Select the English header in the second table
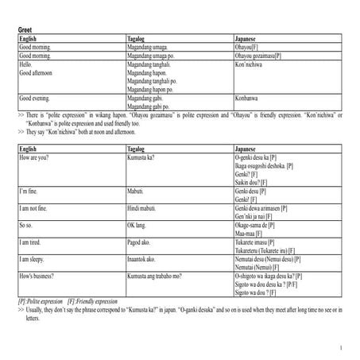click(x=28, y=149)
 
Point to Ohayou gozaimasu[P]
click(x=258, y=56)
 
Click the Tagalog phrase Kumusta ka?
click(x=141, y=158)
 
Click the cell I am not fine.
click(x=36, y=207)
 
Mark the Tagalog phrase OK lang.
click(x=138, y=225)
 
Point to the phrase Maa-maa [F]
click(x=254, y=233)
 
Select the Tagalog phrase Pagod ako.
click(x=140, y=242)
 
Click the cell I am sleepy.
click(x=34, y=260)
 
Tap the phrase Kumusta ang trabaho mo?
click(x=155, y=276)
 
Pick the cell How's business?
click(x=38, y=276)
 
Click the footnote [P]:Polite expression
click(x=41, y=302)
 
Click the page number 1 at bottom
click(x=340, y=347)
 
